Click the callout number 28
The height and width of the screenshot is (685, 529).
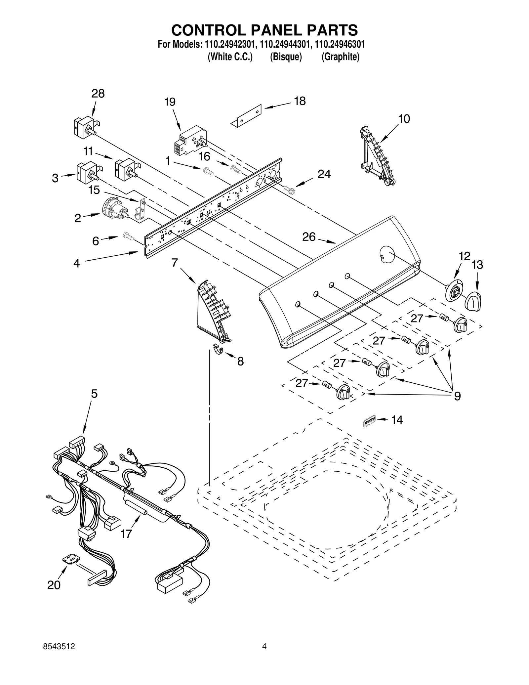[x=98, y=94]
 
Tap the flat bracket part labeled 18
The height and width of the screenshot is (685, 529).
[x=246, y=115]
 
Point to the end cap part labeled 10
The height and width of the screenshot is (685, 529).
[x=377, y=155]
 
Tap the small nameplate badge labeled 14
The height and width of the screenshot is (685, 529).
[x=369, y=421]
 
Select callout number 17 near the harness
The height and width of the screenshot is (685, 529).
[x=126, y=534]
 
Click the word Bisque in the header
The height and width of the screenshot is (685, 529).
[x=286, y=57]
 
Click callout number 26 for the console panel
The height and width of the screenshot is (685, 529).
[x=309, y=237]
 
